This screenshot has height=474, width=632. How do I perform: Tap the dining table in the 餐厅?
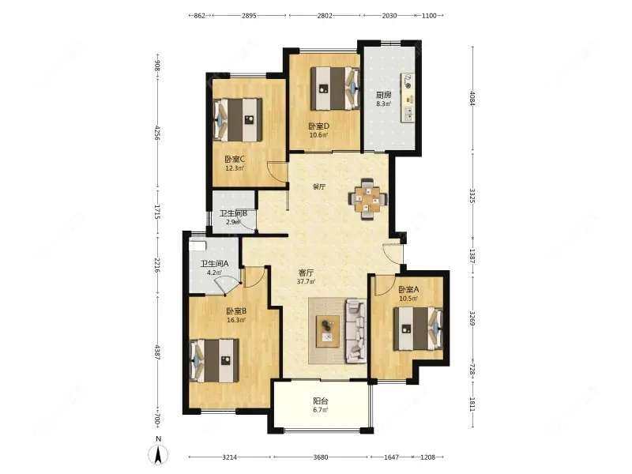click(368, 199)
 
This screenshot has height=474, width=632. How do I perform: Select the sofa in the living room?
click(355, 331)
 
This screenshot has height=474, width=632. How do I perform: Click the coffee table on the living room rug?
click(328, 331)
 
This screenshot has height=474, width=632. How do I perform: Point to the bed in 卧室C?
click(238, 120)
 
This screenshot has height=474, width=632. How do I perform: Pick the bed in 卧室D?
click(334, 88)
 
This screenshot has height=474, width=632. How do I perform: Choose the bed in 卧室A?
click(418, 329)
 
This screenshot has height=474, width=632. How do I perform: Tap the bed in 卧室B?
click(214, 361)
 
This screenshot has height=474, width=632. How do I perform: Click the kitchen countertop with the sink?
click(407, 98)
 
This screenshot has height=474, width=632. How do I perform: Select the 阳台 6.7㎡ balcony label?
click(321, 405)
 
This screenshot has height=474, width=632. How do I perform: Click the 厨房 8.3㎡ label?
click(384, 99)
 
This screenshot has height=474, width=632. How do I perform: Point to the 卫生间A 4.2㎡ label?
click(215, 268)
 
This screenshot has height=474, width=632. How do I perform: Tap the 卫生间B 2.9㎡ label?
click(233, 216)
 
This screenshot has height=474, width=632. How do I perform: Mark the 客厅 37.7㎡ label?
click(306, 277)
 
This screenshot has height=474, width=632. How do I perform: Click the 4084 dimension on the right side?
click(472, 99)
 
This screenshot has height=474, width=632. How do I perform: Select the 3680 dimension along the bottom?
click(321, 457)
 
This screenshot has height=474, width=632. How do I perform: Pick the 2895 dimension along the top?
click(249, 15)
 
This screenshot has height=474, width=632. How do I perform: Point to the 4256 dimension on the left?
click(157, 134)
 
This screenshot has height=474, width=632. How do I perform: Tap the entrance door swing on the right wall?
click(393, 254)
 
